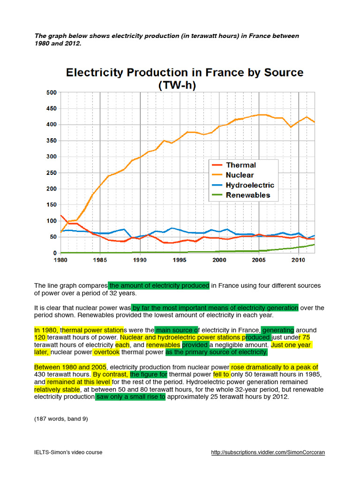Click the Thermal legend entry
point(240,165)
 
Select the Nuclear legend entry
point(240,175)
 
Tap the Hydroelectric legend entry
point(249,185)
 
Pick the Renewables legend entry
point(247,195)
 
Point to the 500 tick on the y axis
point(51,92)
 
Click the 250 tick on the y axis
point(51,173)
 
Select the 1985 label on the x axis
point(100,259)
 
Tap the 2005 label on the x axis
point(259,259)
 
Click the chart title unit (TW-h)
point(184,85)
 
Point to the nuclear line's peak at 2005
point(260,114)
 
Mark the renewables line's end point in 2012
point(314,244)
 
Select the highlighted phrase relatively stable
point(57,389)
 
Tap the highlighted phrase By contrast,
point(110,375)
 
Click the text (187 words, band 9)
point(61,419)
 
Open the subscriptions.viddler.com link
point(268,452)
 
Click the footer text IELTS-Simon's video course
point(68,452)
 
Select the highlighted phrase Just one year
point(291,345)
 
